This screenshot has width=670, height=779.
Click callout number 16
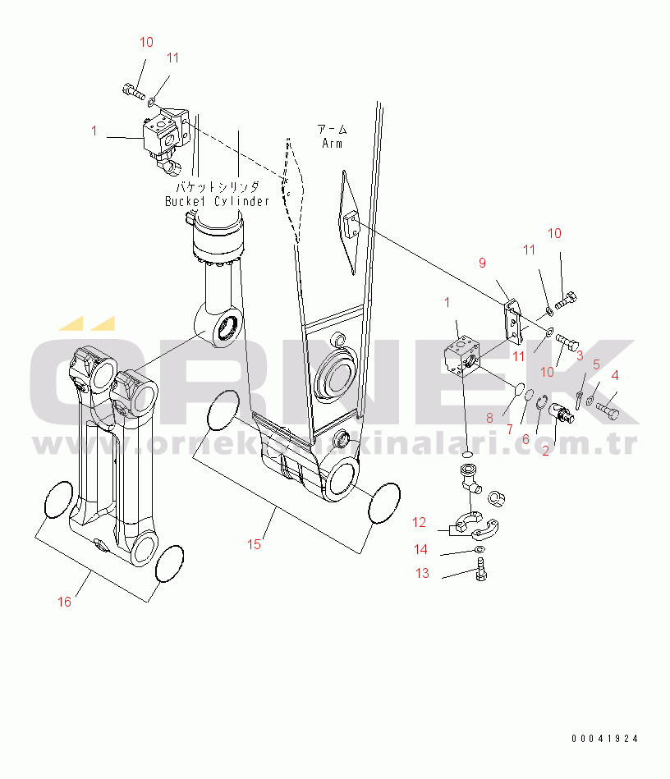[64, 602]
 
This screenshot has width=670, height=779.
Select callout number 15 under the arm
[255, 544]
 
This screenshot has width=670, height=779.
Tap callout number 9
[483, 263]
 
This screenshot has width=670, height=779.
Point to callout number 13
[422, 574]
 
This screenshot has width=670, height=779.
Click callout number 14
[421, 549]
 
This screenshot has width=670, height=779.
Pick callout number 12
[419, 522]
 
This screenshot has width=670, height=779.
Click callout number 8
[489, 418]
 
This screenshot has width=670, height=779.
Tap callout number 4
[616, 375]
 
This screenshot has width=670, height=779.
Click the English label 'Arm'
[333, 144]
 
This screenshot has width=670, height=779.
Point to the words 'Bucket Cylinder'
[217, 201]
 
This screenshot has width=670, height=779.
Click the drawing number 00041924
[605, 739]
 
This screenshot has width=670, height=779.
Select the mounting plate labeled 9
[514, 320]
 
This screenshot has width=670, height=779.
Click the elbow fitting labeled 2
[562, 410]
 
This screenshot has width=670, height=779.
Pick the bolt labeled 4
[607, 406]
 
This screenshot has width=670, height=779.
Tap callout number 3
[579, 355]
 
